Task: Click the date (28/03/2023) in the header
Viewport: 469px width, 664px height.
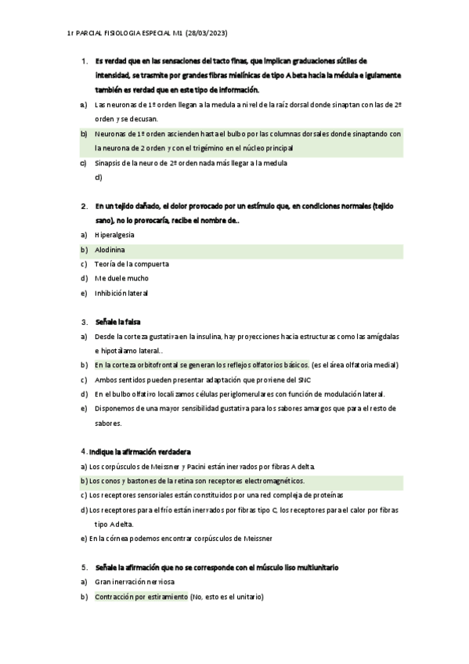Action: coord(206,33)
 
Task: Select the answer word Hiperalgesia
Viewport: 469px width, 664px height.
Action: coord(114,234)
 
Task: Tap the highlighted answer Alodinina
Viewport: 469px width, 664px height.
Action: coord(110,249)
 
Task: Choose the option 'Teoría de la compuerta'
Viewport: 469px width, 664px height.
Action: coord(132,264)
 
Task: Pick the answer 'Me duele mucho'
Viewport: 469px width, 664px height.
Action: coord(121,278)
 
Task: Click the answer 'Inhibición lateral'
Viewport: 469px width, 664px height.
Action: coord(121,293)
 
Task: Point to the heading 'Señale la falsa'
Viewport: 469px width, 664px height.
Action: coord(117,321)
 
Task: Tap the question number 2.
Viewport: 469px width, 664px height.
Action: coord(84,206)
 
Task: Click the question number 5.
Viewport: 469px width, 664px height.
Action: coord(84,566)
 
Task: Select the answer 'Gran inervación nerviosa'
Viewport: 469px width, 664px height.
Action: coord(135,582)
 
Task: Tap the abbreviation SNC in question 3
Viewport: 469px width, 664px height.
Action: coord(279,380)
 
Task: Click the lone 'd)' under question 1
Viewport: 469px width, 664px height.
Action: coord(98,178)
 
